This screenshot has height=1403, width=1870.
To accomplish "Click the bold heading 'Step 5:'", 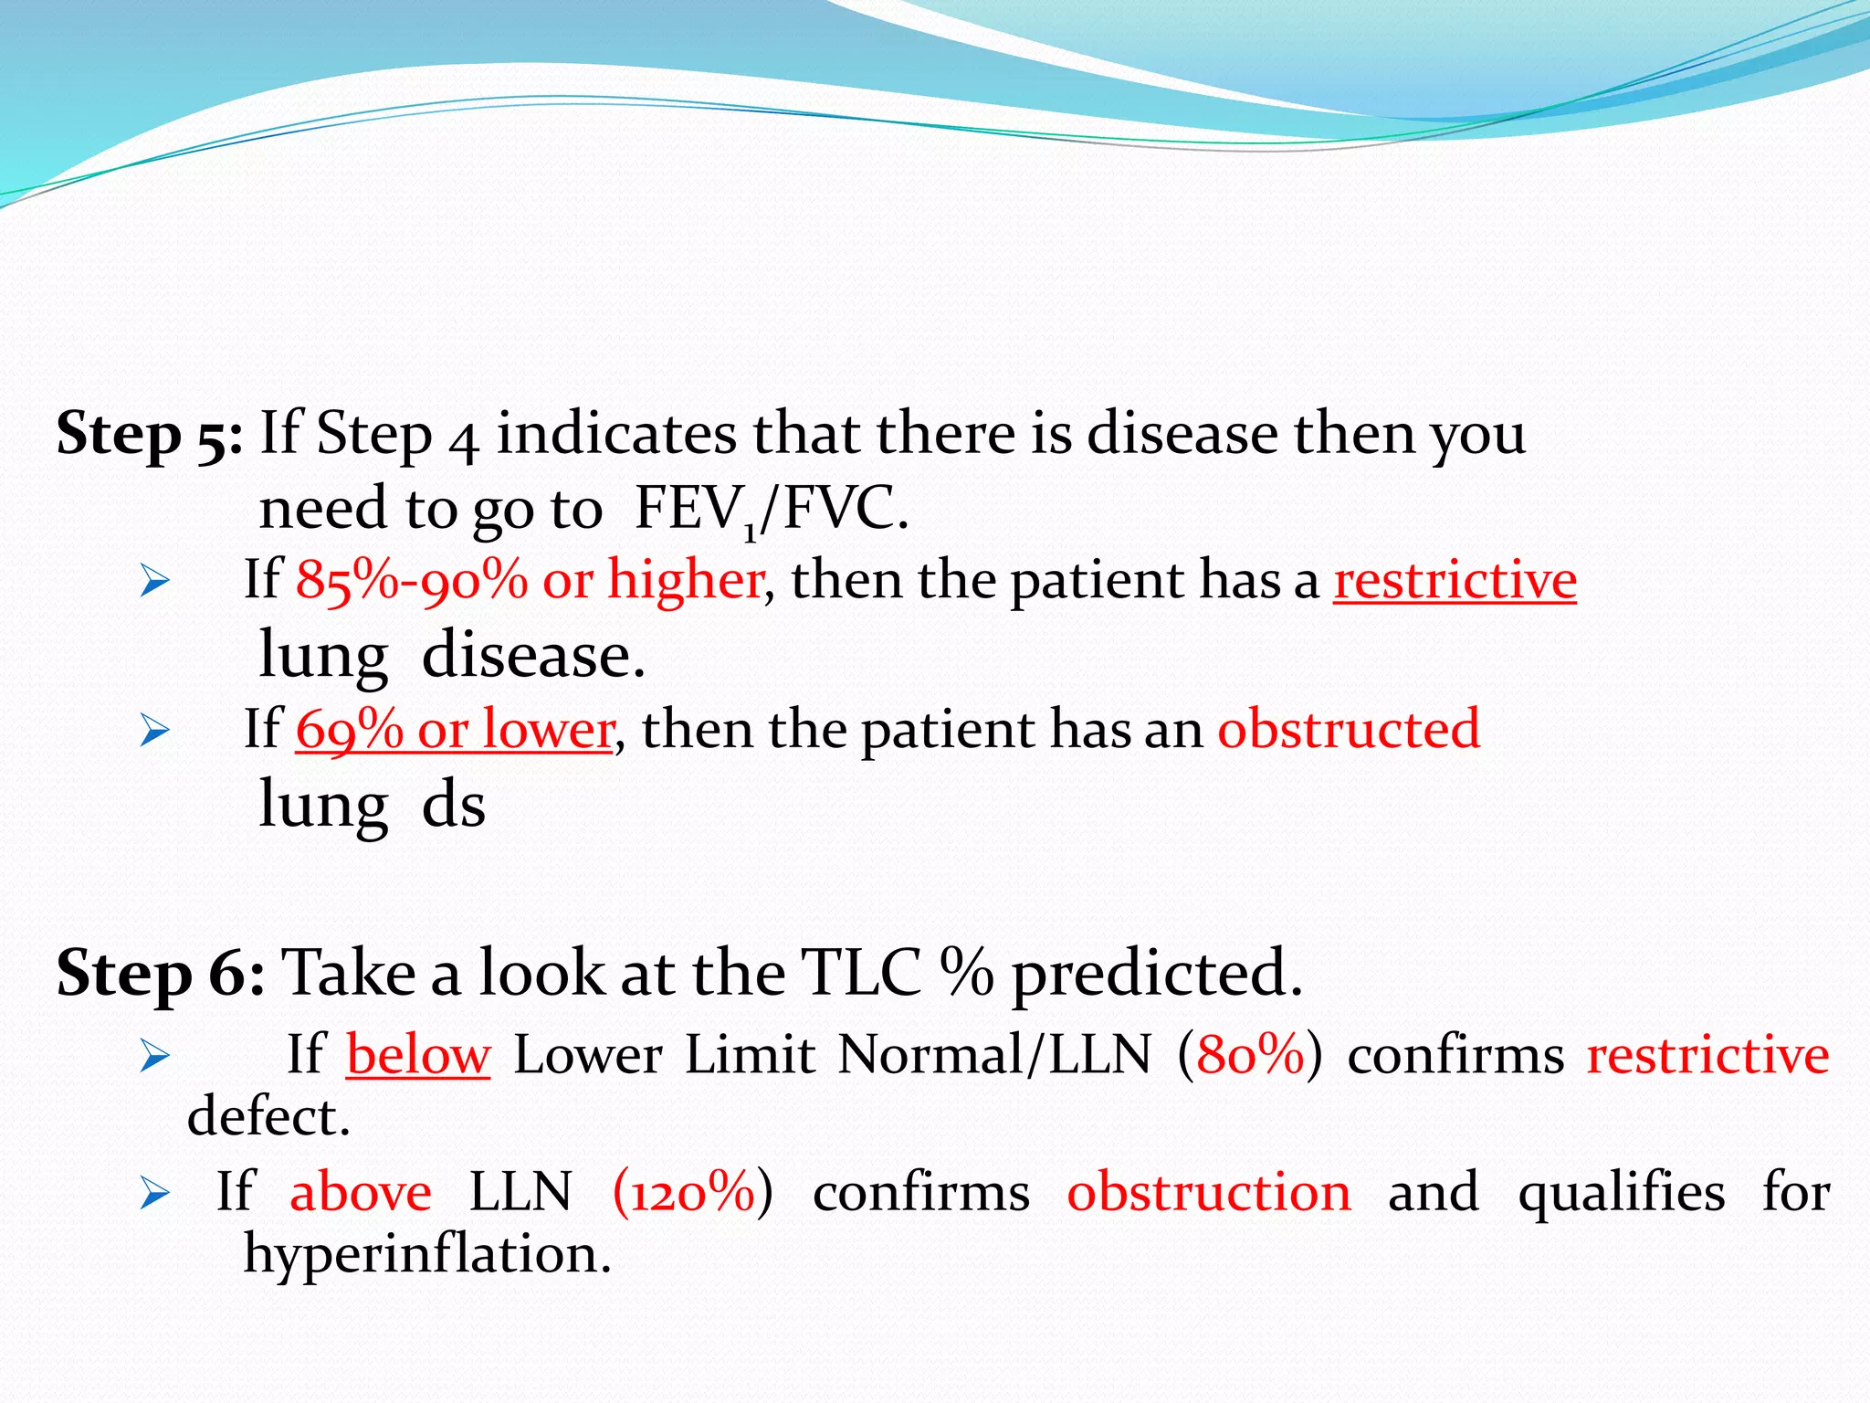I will pyautogui.click(x=149, y=434).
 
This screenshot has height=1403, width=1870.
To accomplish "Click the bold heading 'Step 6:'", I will pyautogui.click(x=161, y=974).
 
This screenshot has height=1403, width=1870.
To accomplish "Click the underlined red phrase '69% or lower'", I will pyautogui.click(x=454, y=731).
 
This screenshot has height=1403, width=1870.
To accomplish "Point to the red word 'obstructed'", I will pyautogui.click(x=1348, y=730).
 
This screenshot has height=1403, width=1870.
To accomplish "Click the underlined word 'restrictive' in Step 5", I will pyautogui.click(x=1455, y=581).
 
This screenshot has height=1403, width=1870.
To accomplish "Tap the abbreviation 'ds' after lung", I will pyautogui.click(x=453, y=807).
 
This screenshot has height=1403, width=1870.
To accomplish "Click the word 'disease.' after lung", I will pyautogui.click(x=533, y=656).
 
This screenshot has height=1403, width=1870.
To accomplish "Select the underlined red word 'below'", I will pyautogui.click(x=418, y=1056).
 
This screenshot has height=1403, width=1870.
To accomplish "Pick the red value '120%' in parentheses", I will pyautogui.click(x=692, y=1193).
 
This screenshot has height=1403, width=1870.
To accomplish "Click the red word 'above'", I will pyautogui.click(x=361, y=1193).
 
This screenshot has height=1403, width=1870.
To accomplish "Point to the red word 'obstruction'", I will pyautogui.click(x=1209, y=1193).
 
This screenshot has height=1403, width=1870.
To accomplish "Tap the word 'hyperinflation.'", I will pyautogui.click(x=426, y=1255).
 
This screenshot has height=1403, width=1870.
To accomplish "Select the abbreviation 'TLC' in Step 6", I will pyautogui.click(x=860, y=974).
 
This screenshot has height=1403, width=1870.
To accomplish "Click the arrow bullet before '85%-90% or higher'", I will pyautogui.click(x=155, y=582).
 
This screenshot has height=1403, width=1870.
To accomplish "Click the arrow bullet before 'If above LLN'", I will pyautogui.click(x=155, y=1194).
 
